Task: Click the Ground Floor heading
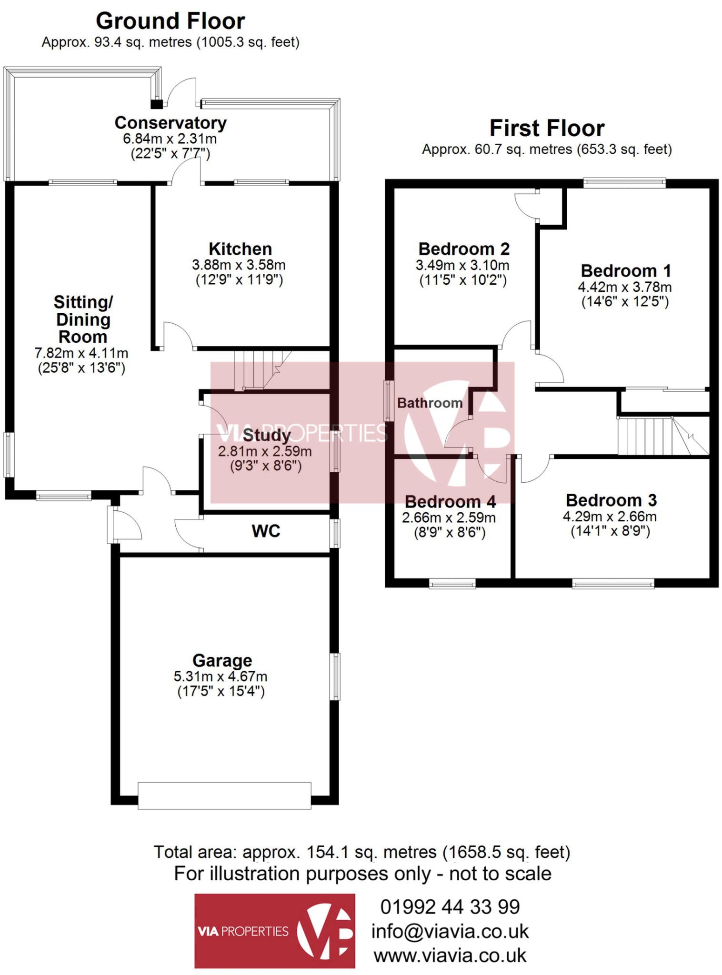pyautogui.click(x=170, y=21)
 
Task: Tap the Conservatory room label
pyautogui.click(x=170, y=123)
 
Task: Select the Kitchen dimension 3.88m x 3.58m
pyautogui.click(x=239, y=265)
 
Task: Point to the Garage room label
pyautogui.click(x=222, y=660)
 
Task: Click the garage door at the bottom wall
pyautogui.click(x=224, y=796)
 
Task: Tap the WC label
pyautogui.click(x=266, y=531)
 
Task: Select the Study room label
pyautogui.click(x=267, y=435)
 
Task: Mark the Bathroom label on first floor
pyautogui.click(x=430, y=403)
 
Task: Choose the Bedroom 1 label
pyautogui.click(x=626, y=271)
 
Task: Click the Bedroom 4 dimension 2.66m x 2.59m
pyautogui.click(x=449, y=517)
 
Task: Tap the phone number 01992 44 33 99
pyautogui.click(x=450, y=907)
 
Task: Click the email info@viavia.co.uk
pyautogui.click(x=450, y=932)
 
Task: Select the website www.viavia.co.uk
pyautogui.click(x=450, y=955)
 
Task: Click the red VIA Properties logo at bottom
pyautogui.click(x=274, y=931)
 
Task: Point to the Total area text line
pyautogui.click(x=361, y=852)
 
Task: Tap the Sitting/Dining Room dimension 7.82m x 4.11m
pyautogui.click(x=81, y=353)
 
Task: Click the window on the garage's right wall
pyautogui.click(x=336, y=677)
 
